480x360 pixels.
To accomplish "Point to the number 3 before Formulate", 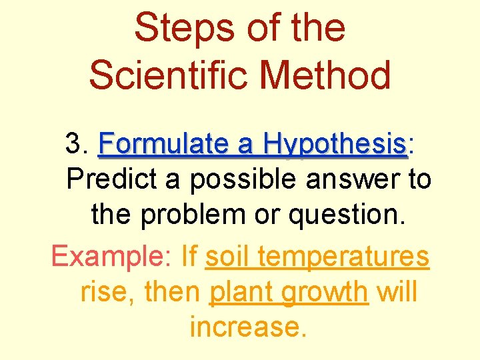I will click(74, 144).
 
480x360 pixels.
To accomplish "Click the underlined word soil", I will click(228, 255).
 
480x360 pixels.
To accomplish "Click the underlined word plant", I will click(239, 293).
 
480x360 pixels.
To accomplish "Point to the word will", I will click(397, 291).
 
